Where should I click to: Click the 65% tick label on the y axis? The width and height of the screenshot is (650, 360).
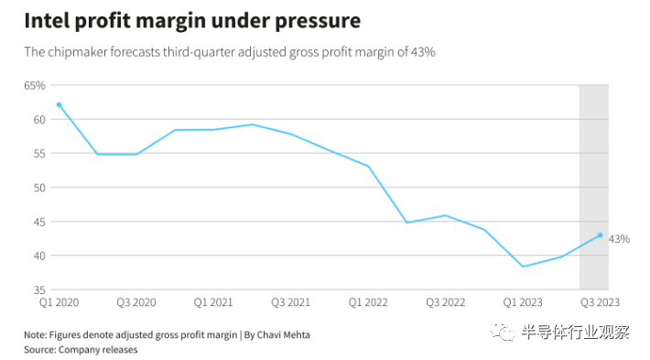[x=35, y=85]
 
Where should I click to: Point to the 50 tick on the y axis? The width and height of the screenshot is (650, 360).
[x=39, y=188]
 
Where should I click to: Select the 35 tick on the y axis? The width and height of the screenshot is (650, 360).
[x=39, y=289]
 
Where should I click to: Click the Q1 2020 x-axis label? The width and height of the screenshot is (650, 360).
[x=59, y=302]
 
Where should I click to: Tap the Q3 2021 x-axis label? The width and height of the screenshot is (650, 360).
[x=290, y=302]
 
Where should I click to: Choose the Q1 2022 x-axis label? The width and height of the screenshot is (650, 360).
[x=368, y=302]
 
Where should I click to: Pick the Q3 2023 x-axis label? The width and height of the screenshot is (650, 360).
[x=600, y=302]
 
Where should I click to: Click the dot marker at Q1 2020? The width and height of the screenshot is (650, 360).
[x=59, y=105]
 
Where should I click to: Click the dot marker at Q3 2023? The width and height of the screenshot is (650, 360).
[x=600, y=235]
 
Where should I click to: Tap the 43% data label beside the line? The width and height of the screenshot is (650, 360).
[x=619, y=239]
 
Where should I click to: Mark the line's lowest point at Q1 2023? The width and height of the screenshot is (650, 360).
[x=523, y=267]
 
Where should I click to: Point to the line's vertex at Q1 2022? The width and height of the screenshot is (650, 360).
[x=368, y=167]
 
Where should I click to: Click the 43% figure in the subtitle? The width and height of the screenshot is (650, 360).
[x=423, y=52]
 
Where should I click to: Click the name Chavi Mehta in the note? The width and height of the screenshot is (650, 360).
[x=283, y=334]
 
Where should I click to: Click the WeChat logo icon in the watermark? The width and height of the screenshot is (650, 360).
[x=502, y=331]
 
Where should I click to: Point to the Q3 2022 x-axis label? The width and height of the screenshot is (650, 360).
[x=445, y=302]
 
